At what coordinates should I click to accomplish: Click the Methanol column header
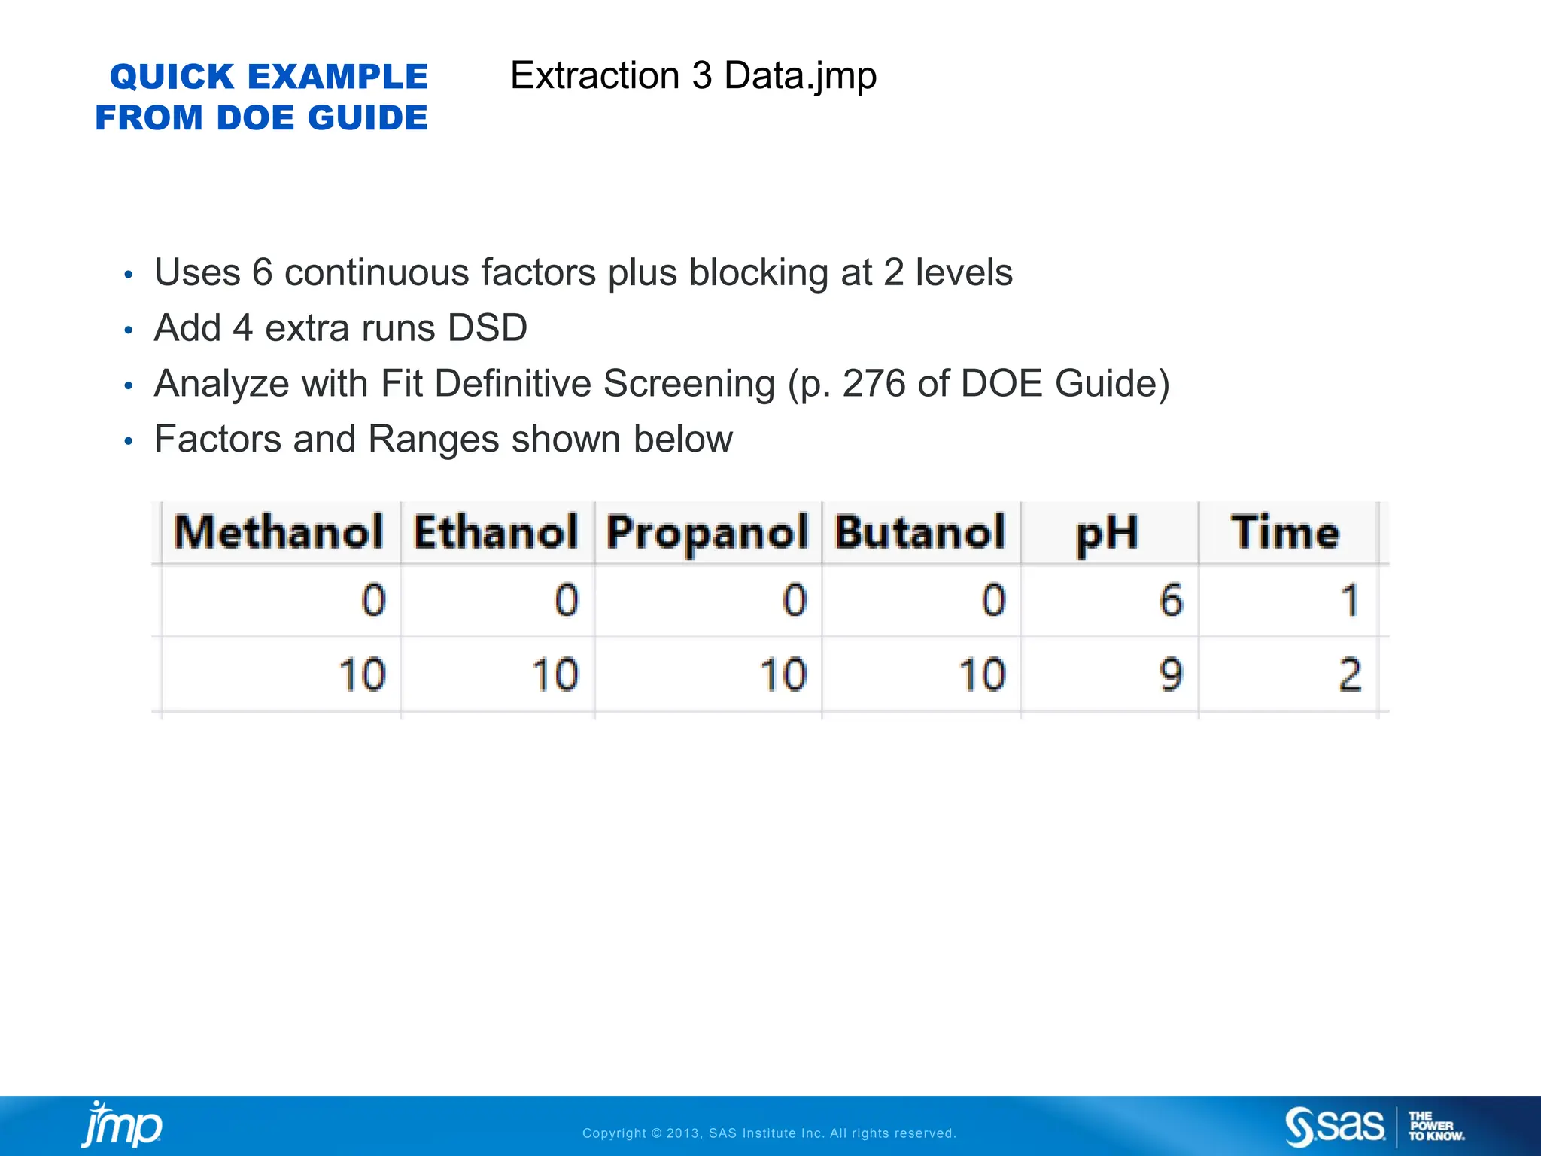(x=278, y=533)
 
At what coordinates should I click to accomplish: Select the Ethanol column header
(x=496, y=533)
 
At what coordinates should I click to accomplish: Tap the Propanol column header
(x=707, y=533)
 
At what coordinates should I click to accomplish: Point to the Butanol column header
(x=919, y=533)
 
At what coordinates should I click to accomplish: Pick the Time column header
(x=1285, y=533)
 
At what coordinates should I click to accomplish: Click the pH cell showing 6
(x=1171, y=601)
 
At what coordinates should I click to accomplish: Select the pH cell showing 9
(x=1171, y=674)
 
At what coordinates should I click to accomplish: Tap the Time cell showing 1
(x=1350, y=601)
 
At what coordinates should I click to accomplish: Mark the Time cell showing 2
(x=1350, y=674)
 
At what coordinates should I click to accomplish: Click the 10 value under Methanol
(x=362, y=674)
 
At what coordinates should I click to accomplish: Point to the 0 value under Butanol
(x=993, y=601)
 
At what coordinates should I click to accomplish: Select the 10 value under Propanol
(x=783, y=674)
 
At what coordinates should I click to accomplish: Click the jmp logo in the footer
(x=122, y=1125)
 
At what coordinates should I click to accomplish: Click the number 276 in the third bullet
(x=874, y=383)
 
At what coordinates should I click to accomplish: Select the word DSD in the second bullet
(x=487, y=328)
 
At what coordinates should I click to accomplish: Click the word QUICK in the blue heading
(x=172, y=77)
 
